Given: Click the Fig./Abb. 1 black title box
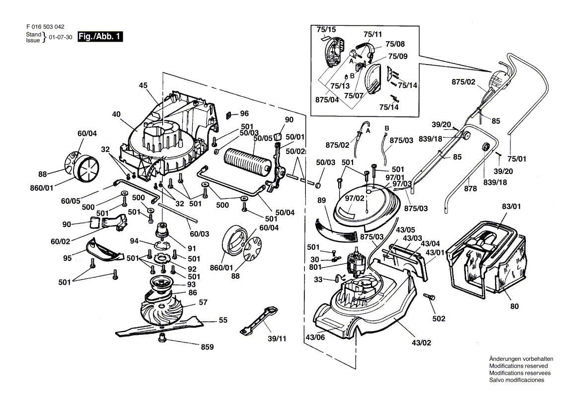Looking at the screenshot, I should pyautogui.click(x=101, y=37).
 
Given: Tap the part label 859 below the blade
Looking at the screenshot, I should pyautogui.click(x=207, y=347).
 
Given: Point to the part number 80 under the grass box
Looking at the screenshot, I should pyautogui.click(x=514, y=306).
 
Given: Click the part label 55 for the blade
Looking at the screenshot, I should pyautogui.click(x=223, y=320).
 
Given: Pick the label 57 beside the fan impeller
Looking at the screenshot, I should pyautogui.click(x=203, y=302).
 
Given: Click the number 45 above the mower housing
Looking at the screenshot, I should pyautogui.click(x=144, y=85).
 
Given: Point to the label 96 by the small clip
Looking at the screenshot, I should pyautogui.click(x=244, y=113).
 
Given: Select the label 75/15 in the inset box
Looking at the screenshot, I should pyautogui.click(x=326, y=29).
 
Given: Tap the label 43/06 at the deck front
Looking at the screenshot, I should pyautogui.click(x=316, y=338).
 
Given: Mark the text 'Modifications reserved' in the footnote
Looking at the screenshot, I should pyautogui.click(x=518, y=366).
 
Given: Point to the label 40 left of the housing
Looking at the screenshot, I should pyautogui.click(x=117, y=114).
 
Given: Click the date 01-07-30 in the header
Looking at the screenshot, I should pyautogui.click(x=61, y=37).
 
